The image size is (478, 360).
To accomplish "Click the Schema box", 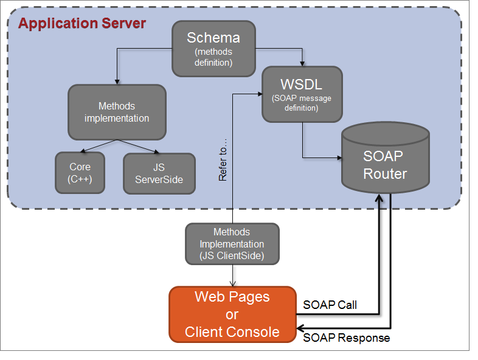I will pyautogui.click(x=213, y=49).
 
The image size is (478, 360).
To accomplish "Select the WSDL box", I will pyautogui.click(x=302, y=94).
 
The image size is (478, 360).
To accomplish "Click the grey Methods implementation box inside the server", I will pyautogui.click(x=117, y=112).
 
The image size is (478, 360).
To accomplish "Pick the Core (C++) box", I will pyautogui.click(x=80, y=173).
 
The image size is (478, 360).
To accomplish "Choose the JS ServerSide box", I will pyautogui.click(x=159, y=173).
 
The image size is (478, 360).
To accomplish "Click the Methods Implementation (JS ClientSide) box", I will pyautogui.click(x=232, y=244).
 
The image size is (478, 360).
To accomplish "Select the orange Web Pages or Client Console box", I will pyautogui.click(x=232, y=314).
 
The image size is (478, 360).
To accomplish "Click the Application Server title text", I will pyautogui.click(x=82, y=24).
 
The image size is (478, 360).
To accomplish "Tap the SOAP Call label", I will pyautogui.click(x=330, y=305).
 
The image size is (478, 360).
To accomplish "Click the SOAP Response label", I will pyautogui.click(x=346, y=337).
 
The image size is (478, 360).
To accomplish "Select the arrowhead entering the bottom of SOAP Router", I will pyautogui.click(x=380, y=198).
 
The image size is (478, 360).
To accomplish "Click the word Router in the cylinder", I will pyautogui.click(x=385, y=174).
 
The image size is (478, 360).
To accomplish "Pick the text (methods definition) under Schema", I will pyautogui.click(x=213, y=57).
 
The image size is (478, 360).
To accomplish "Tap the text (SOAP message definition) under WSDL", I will pyautogui.click(x=302, y=103).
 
